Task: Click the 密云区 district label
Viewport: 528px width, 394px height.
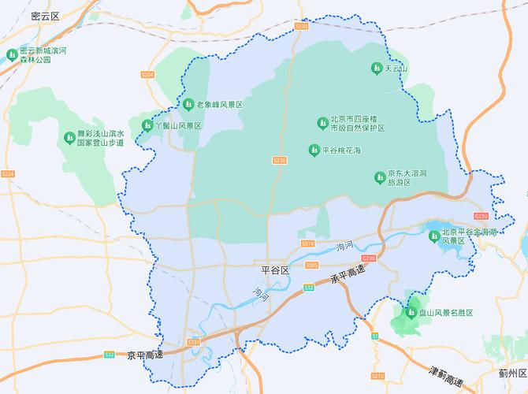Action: pos(45,15)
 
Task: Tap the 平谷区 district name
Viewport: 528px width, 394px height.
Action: pos(275,270)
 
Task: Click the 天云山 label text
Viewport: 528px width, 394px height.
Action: pos(396,69)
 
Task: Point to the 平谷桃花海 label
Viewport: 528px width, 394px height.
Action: pos(341,150)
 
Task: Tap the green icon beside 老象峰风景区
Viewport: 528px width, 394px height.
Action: pos(188,104)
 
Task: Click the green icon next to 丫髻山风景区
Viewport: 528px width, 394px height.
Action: pos(147,125)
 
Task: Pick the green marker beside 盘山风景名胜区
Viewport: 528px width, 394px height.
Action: pos(410,313)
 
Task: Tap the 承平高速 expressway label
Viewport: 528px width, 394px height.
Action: pos(348,276)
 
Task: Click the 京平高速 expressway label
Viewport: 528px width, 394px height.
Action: pos(144,355)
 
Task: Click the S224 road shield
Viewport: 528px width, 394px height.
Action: pos(8,173)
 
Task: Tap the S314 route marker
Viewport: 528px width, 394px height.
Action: pos(307,243)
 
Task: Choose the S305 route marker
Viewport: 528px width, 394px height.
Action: pos(311,266)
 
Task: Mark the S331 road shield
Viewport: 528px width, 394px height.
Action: pos(193,342)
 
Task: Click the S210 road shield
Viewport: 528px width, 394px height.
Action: pos(377,375)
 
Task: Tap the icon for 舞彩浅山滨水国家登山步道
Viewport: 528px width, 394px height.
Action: pos(69,138)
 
